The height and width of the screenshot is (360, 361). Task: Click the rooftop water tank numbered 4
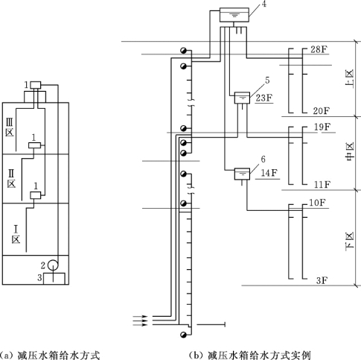tap(234, 15)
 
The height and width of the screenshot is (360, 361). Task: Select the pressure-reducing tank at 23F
tap(242, 98)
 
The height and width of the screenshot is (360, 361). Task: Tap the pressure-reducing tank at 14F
tap(242, 174)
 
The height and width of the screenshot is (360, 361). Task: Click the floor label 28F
tap(319, 49)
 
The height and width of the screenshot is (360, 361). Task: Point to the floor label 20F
tap(321, 111)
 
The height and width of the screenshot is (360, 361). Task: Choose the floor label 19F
tap(322, 127)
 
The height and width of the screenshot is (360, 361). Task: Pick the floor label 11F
tap(322, 185)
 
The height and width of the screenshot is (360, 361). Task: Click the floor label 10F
tap(317, 203)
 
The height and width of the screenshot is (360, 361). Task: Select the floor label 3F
tap(322, 280)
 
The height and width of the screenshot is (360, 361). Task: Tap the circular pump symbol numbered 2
tap(53, 265)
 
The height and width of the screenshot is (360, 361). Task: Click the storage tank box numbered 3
tap(54, 279)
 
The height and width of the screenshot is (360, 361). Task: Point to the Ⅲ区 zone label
tap(10, 127)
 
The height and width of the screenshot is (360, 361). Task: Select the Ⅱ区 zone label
tap(11, 178)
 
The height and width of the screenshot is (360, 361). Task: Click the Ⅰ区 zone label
tap(16, 234)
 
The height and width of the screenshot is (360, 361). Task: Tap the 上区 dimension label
tap(349, 80)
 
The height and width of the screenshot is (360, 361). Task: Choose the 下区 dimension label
tap(349, 241)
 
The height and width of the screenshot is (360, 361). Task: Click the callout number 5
tap(267, 80)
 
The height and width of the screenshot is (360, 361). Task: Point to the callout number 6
tap(263, 159)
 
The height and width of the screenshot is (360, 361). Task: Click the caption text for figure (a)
tap(50, 355)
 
